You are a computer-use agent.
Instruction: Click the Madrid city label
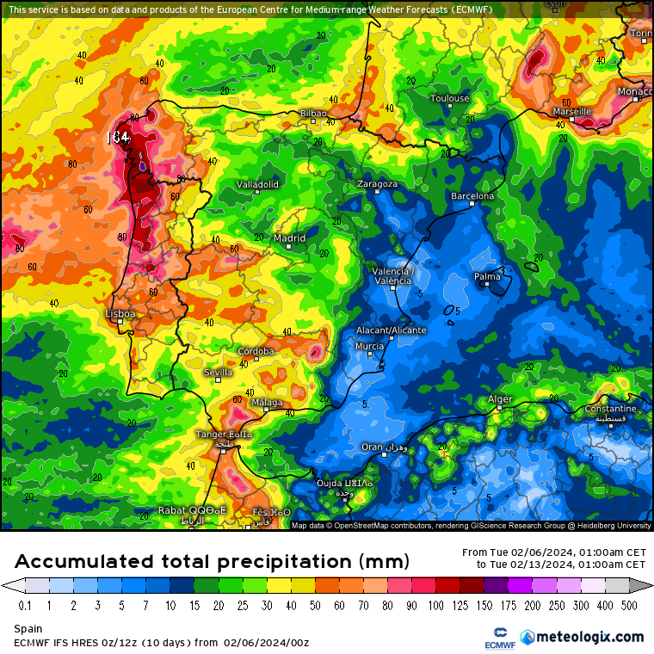pyautogui.click(x=289, y=238)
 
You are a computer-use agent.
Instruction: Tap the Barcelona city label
pyautogui.click(x=473, y=196)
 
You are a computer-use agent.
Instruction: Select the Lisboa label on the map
pyautogui.click(x=120, y=314)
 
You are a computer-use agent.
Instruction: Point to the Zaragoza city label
pyautogui.click(x=377, y=184)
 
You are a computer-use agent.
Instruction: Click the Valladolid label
pyautogui.click(x=257, y=184)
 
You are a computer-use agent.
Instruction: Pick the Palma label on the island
pyautogui.click(x=487, y=276)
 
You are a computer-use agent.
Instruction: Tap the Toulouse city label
pyautogui.click(x=450, y=98)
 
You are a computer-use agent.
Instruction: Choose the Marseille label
pyautogui.click(x=572, y=111)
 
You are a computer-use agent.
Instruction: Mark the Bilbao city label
pyautogui.click(x=313, y=114)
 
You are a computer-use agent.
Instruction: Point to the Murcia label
pyautogui.click(x=369, y=346)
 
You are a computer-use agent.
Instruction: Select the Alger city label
pyautogui.click(x=500, y=399)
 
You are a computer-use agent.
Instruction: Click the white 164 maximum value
pyautogui.click(x=118, y=137)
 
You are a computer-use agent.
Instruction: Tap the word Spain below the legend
pyautogui.click(x=28, y=630)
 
